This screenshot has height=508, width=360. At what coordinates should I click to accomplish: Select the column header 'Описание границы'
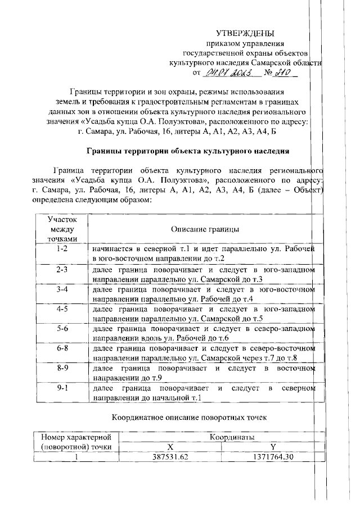(x=205, y=229)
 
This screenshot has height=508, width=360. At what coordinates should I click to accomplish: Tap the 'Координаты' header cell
(x=232, y=437)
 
